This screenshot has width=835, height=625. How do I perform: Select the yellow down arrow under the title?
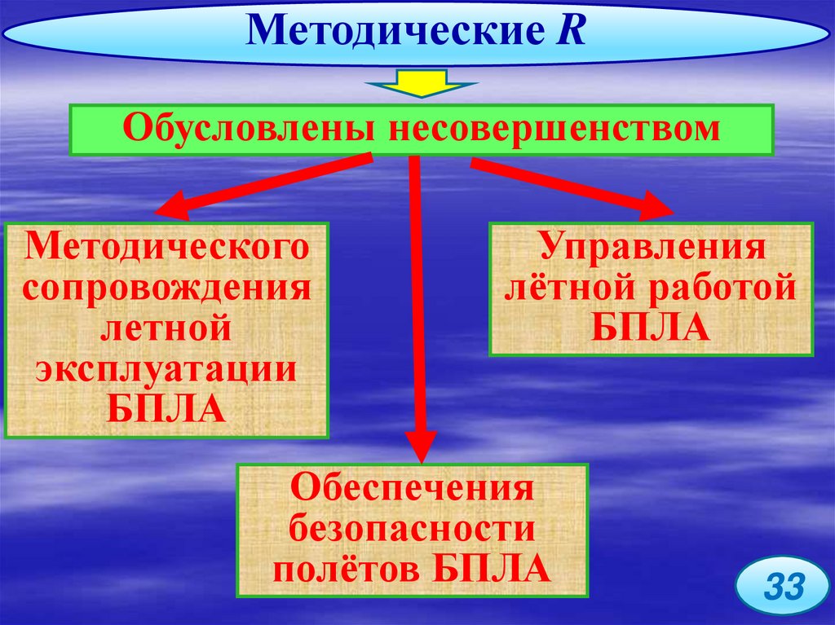[420, 82]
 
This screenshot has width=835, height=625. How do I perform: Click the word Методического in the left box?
[168, 248]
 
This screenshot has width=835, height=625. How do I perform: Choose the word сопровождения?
[168, 288]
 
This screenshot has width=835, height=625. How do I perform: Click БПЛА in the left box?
[166, 407]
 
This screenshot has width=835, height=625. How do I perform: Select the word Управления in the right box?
[650, 248]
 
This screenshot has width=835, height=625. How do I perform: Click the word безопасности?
[412, 530]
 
